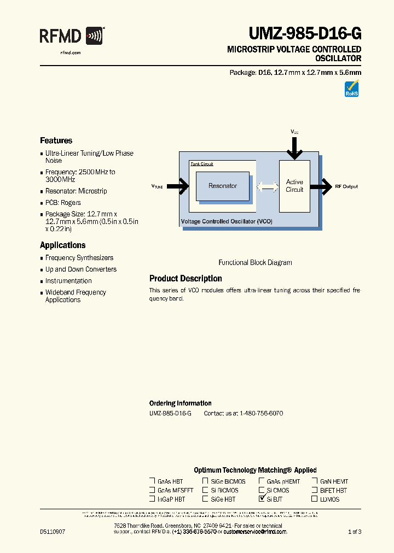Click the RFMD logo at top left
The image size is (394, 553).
(x=71, y=37)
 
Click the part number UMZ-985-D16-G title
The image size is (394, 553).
(x=305, y=34)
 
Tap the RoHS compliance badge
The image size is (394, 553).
(x=351, y=89)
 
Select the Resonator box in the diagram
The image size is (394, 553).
(x=223, y=186)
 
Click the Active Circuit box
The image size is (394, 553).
(x=294, y=186)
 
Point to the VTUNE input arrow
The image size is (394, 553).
(x=177, y=186)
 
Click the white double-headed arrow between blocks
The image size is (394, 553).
(x=267, y=186)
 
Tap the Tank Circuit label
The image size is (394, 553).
(x=202, y=164)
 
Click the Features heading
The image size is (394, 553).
(x=56, y=140)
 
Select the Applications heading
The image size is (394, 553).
(x=62, y=245)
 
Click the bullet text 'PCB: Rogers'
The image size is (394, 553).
(x=63, y=203)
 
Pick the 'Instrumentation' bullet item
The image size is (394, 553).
(x=68, y=281)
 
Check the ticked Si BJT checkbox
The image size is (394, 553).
(x=262, y=499)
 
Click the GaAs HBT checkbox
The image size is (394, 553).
(x=152, y=481)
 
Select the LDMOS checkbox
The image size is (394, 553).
(x=315, y=499)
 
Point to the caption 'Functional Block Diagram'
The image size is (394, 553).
(x=255, y=263)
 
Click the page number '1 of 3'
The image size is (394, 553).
(x=355, y=532)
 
